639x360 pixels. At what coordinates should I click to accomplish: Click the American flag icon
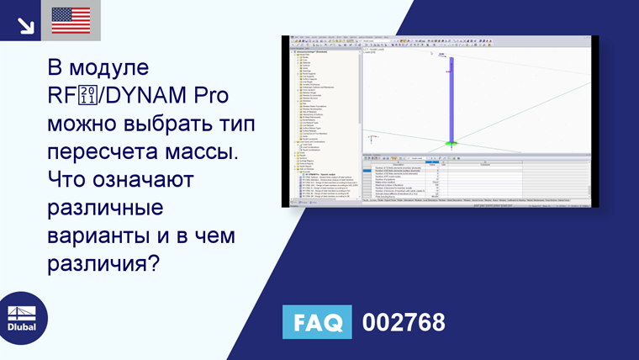pyautogui.click(x=71, y=20)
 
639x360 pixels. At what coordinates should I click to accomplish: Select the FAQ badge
pyautogui.click(x=318, y=321)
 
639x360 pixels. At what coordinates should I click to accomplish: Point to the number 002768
pyautogui.click(x=403, y=321)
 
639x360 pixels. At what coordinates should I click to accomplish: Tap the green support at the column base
pyautogui.click(x=452, y=144)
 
